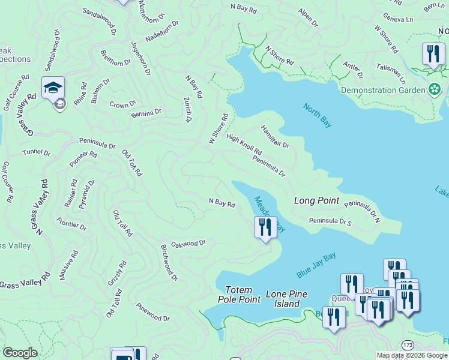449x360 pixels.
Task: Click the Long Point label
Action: [316, 200]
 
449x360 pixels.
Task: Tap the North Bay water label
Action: [318, 116]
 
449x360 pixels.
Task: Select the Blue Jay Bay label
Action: [316, 265]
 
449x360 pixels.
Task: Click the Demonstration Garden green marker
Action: [435, 90]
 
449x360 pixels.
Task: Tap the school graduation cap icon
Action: [53, 87]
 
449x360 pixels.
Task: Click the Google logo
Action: [20, 353]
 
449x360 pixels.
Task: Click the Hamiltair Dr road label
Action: [274, 137]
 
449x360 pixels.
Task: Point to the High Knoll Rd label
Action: [244, 144]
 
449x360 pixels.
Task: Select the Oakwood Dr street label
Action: [188, 244]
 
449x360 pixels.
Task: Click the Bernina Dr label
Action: [146, 112]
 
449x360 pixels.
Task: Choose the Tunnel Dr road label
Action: [37, 152]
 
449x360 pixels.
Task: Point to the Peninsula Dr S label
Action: [330, 221]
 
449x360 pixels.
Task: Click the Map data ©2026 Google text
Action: [412, 355]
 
